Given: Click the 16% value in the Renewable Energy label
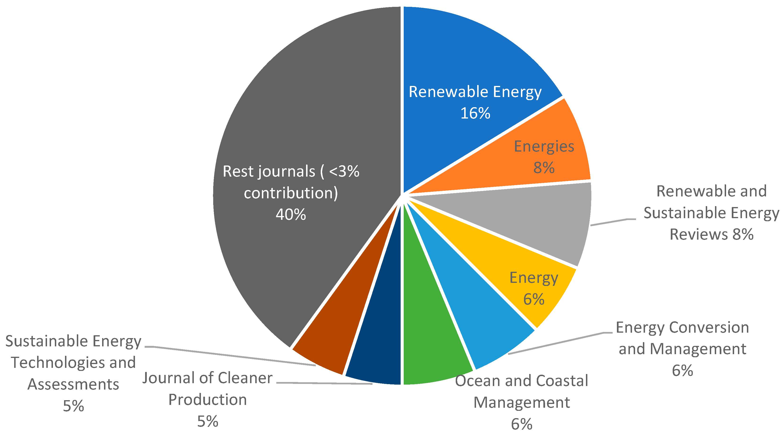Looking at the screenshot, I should (475, 113).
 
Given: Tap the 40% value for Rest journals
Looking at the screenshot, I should (291, 214).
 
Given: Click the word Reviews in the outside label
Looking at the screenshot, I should (699, 234).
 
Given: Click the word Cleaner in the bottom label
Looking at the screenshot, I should (245, 378).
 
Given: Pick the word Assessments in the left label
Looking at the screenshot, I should (73, 384).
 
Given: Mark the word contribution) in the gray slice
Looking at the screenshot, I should (291, 193).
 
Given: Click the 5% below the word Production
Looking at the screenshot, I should (208, 421).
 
